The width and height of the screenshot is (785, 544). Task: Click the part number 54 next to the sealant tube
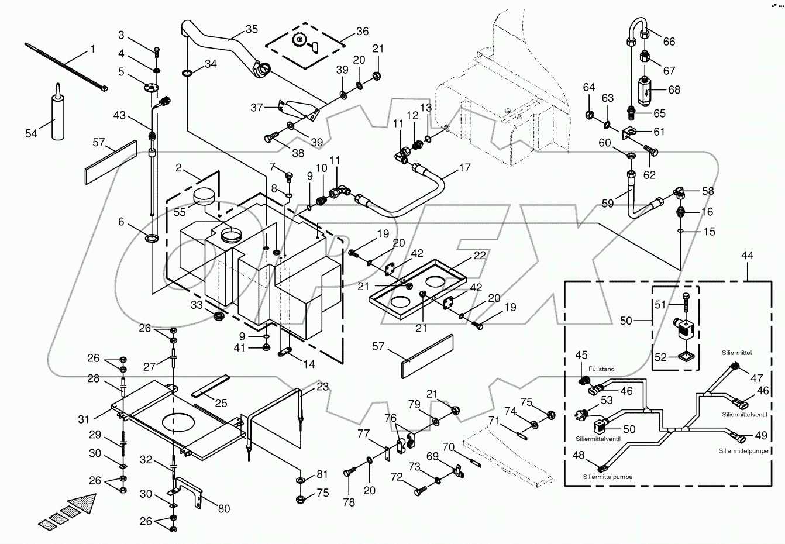[31, 133]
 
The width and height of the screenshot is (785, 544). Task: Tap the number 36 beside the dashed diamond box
[362, 31]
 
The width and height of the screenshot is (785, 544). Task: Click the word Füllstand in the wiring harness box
[601, 369]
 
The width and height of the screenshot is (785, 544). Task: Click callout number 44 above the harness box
[747, 255]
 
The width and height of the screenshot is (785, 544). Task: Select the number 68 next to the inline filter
[674, 89]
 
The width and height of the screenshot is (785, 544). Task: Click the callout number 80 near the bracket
[223, 508]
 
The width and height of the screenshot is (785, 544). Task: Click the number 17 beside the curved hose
[464, 167]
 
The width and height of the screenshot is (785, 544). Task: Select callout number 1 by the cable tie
[92, 50]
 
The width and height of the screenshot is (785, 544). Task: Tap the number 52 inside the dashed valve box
[660, 357]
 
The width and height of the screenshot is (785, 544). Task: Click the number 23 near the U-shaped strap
[322, 387]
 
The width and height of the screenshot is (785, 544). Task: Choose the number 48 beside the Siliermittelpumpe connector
[578, 456]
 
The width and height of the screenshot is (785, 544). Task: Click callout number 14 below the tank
[309, 364]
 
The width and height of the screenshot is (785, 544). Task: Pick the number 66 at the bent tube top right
[669, 41]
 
